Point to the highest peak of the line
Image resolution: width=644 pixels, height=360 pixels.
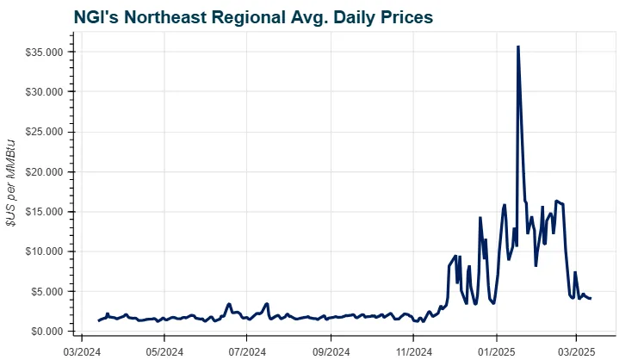[517, 47]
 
